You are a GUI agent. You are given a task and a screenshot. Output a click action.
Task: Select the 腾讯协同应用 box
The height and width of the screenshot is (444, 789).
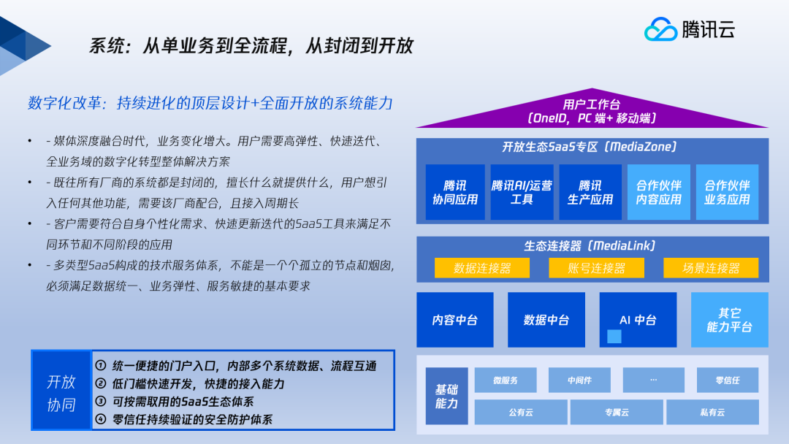click(x=455, y=192)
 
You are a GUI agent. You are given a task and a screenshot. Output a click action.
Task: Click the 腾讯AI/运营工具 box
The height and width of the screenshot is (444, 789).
click(x=522, y=192)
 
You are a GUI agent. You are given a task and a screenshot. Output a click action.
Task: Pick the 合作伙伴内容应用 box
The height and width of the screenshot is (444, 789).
click(x=659, y=192)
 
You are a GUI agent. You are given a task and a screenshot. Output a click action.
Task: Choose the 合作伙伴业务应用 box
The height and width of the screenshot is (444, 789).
click(x=727, y=192)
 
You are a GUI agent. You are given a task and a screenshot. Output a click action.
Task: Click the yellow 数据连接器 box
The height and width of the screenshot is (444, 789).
click(x=482, y=268)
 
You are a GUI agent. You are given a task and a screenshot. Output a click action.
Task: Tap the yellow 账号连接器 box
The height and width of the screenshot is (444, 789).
click(x=596, y=268)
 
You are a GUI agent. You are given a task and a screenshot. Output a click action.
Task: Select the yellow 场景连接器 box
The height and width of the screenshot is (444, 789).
click(x=711, y=268)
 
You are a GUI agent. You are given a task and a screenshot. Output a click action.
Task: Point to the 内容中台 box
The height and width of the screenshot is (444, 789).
click(x=455, y=320)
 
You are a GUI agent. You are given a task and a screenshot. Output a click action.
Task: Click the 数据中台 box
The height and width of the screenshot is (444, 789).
click(x=546, y=320)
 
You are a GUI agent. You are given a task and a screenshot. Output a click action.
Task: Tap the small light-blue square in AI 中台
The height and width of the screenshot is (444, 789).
click(x=614, y=337)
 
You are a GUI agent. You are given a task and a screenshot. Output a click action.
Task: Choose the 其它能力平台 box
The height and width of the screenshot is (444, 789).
click(x=730, y=320)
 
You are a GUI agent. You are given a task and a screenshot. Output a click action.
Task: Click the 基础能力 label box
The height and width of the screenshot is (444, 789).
click(x=447, y=397)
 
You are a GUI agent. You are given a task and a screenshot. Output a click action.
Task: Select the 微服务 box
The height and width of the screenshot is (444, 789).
click(x=506, y=380)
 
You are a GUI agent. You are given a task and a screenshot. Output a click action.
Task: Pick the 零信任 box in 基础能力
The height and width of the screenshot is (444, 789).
click(x=728, y=380)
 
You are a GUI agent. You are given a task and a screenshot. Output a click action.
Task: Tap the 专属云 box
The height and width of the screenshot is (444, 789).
click(x=617, y=413)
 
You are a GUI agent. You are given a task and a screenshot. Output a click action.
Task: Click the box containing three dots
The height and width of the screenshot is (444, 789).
click(x=654, y=380)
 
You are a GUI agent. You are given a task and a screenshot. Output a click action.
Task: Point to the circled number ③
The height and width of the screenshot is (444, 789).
click(x=101, y=401)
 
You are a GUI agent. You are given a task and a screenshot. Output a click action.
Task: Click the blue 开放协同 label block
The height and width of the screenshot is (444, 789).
click(x=61, y=391)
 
